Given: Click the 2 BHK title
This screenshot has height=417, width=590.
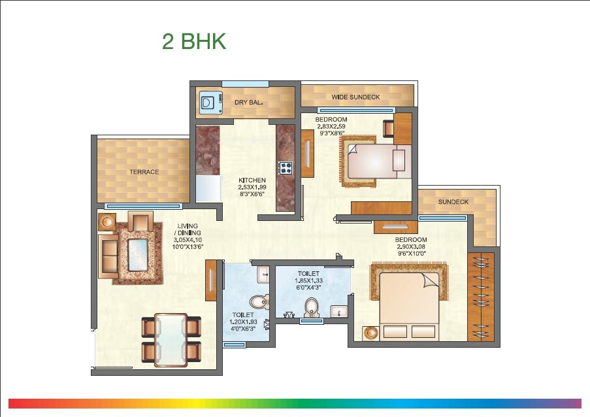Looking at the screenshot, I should tap(194, 41).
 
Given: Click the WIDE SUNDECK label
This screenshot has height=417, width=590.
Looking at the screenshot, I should tap(355, 97).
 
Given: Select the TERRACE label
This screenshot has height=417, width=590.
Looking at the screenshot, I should tap(144, 172).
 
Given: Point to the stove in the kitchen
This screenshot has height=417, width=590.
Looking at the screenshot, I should tap(286, 168).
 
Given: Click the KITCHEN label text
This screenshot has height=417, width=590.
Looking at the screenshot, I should tap(252, 180).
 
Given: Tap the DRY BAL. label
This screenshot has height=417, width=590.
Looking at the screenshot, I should tap(248, 103).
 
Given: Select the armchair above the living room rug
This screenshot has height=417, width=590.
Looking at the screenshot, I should tap(140, 222).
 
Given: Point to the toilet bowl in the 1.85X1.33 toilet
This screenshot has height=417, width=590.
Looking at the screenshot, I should tap(312, 307).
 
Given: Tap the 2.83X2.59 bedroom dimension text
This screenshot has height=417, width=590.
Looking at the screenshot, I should tap(331, 127).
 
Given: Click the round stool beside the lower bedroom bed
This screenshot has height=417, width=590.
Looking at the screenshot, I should tap(371, 333).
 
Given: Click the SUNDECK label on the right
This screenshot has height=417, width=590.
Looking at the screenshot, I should tap(453, 202).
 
